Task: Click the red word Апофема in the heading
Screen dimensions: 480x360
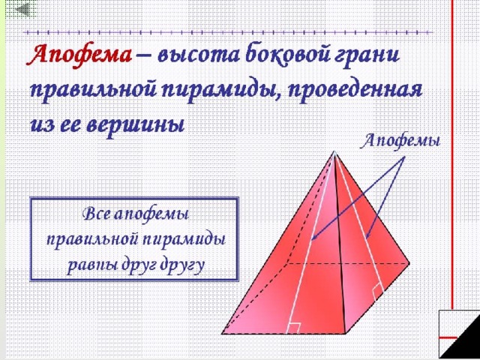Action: [x=79, y=55]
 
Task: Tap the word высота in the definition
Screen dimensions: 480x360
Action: [x=199, y=55]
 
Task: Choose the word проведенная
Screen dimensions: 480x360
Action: [x=354, y=91]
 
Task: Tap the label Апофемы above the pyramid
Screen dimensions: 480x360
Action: [x=401, y=142]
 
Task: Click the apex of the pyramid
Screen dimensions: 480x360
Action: [x=334, y=151]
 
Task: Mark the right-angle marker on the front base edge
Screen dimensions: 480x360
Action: [x=294, y=328]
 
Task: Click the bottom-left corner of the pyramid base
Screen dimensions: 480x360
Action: [x=222, y=333]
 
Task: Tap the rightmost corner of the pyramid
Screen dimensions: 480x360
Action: [x=409, y=263]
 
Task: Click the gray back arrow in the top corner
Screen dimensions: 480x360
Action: [x=22, y=10]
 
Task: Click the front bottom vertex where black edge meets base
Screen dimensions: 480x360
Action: [x=345, y=333]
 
